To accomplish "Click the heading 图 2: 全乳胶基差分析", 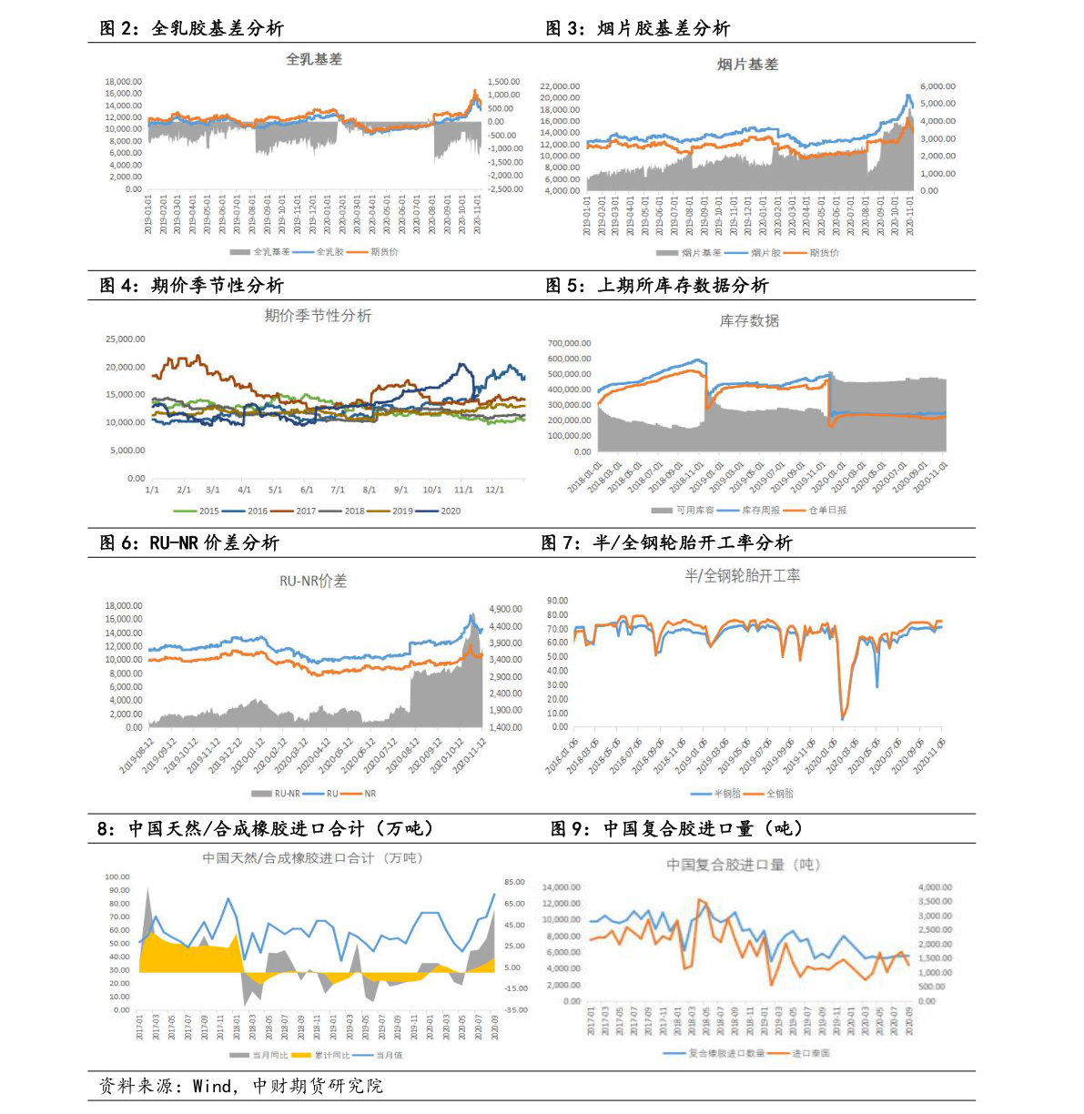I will point(191,28).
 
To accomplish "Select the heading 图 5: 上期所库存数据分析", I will point(656,286).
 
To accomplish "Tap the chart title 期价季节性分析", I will point(318,316).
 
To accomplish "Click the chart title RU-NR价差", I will point(312,581).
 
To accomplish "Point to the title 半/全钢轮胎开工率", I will point(742,575).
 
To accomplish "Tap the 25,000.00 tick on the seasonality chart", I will point(126,339).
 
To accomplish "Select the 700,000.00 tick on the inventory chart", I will point(569,343).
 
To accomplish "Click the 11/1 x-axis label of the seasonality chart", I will point(463,490).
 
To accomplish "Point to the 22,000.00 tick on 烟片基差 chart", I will point(560,86).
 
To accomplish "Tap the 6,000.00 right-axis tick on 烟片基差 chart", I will point(937,86).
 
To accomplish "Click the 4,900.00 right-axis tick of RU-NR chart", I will point(505,609).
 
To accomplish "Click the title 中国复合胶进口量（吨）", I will point(743,865).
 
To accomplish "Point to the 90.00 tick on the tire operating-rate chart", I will point(557,601).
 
